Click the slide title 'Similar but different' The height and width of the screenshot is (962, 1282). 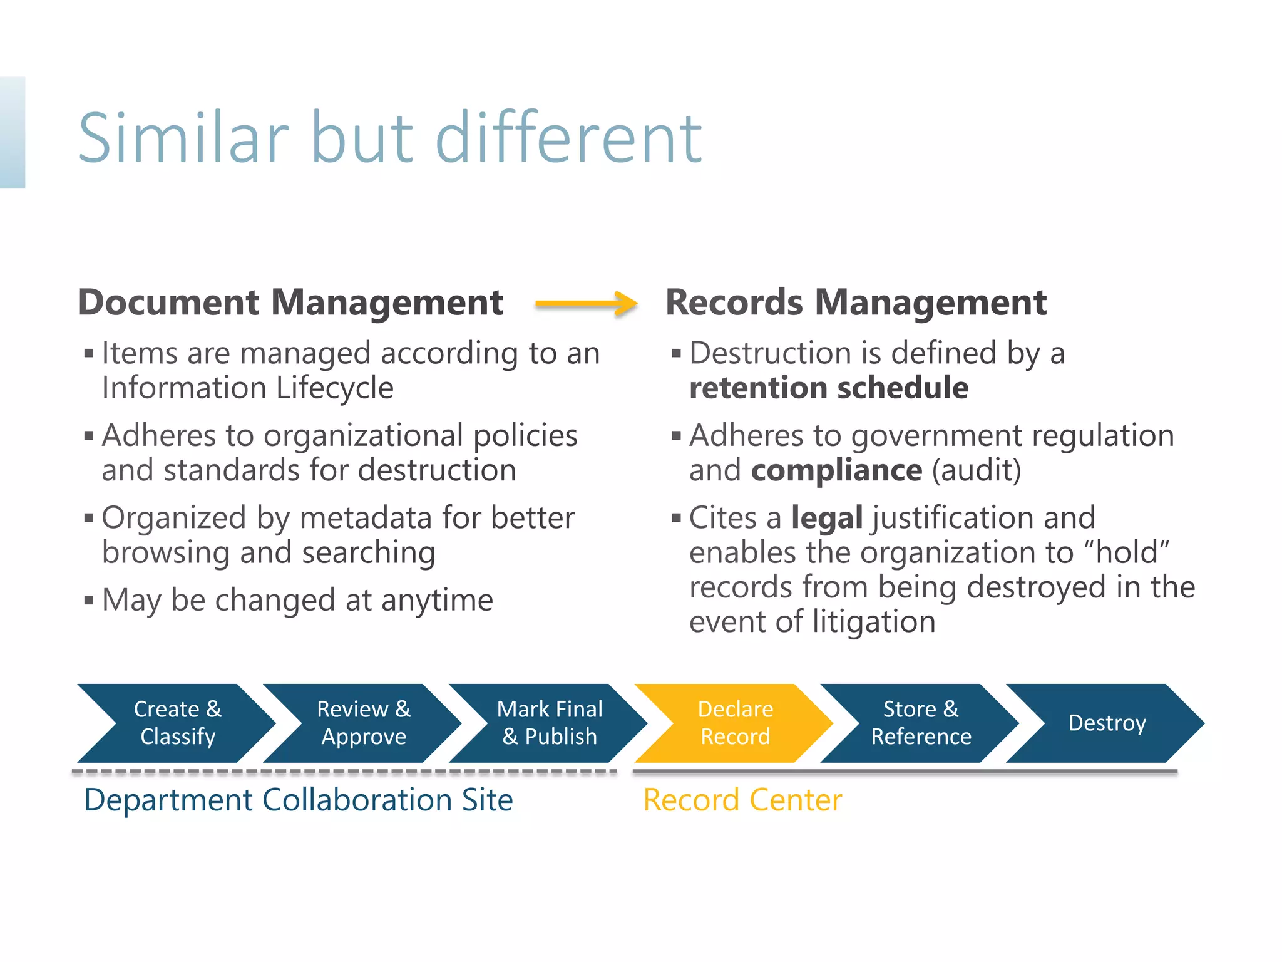click(390, 138)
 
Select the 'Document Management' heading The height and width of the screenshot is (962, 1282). click(290, 303)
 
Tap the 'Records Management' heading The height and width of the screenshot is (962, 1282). click(856, 303)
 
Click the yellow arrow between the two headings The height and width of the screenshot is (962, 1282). click(586, 304)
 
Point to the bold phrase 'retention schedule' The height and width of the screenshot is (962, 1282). click(829, 388)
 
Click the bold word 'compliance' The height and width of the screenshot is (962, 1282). click(836, 470)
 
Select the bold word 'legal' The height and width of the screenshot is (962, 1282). click(827, 518)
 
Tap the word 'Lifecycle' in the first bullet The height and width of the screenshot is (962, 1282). click(335, 388)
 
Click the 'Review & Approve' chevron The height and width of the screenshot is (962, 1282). click(364, 723)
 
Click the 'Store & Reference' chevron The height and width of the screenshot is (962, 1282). click(921, 723)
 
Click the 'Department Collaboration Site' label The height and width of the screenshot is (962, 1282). click(299, 800)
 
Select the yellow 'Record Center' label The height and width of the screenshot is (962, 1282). click(742, 800)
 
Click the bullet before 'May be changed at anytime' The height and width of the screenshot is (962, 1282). click(89, 601)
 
